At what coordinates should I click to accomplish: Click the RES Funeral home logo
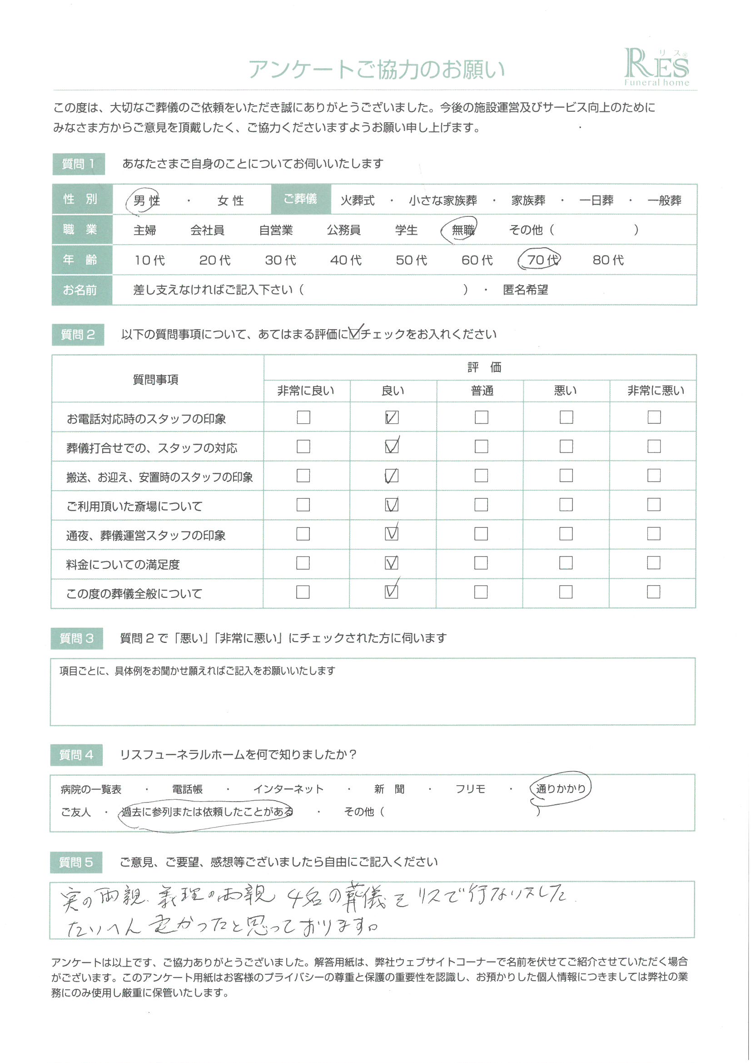[656, 68]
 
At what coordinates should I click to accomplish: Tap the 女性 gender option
[230, 201]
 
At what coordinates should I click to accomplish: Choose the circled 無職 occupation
[462, 230]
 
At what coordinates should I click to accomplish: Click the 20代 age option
[215, 260]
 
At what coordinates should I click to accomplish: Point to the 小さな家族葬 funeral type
[443, 201]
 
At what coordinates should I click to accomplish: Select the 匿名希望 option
[525, 290]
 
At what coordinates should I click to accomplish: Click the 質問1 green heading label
[78, 164]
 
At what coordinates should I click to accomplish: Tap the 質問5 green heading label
[76, 862]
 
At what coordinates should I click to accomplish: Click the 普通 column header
[482, 391]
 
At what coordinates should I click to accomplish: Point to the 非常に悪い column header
[655, 391]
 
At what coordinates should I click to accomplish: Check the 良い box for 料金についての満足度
[392, 563]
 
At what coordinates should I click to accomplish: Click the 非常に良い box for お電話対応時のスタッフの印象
[303, 417]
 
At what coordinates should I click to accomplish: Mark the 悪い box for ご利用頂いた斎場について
[566, 505]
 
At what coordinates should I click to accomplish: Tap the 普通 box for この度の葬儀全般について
[481, 592]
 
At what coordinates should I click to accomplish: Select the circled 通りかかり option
[560, 788]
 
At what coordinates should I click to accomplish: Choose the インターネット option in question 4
[288, 789]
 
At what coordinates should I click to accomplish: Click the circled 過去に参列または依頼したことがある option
[207, 812]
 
